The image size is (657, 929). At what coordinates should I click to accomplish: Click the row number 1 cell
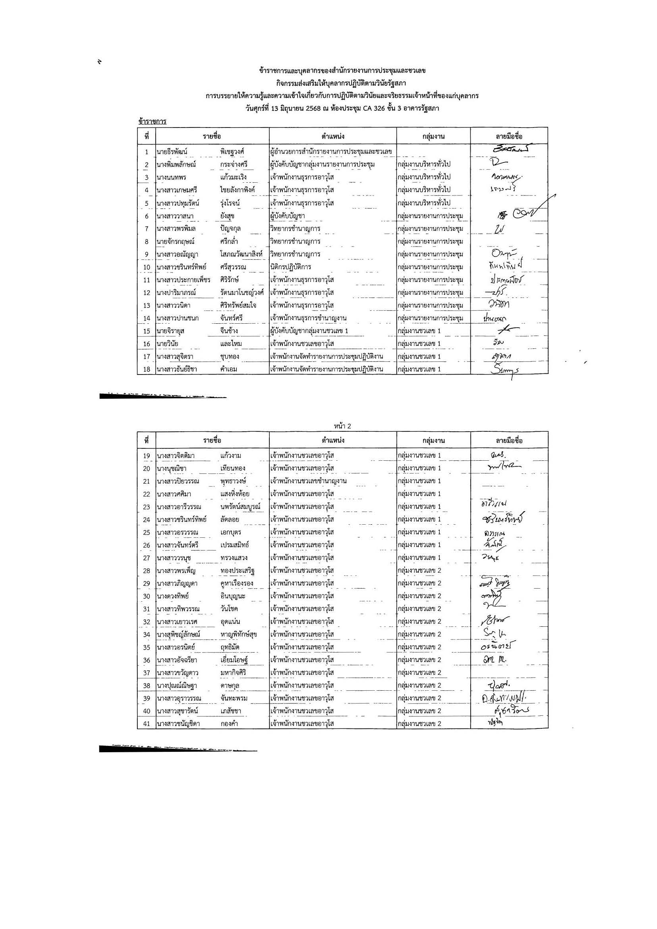pos(147,152)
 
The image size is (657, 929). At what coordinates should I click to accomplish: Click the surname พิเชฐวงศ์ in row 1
pos(232,152)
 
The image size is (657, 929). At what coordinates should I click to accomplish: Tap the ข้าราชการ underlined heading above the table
pos(152,122)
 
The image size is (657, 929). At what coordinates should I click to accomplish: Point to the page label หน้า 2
pos(342,426)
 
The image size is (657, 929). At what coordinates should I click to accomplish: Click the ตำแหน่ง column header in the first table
pos(332,136)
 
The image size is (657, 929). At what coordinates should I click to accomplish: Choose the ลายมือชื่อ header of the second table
pos(509,440)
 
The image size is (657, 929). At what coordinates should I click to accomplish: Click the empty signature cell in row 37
pos(509,672)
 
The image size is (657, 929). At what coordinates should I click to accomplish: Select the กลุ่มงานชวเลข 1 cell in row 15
pos(419,331)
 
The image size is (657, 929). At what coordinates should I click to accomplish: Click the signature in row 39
pos(505,698)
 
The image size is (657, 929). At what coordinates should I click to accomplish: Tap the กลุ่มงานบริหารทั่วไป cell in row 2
pos(424,164)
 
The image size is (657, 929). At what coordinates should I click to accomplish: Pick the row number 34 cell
pos(147,634)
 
